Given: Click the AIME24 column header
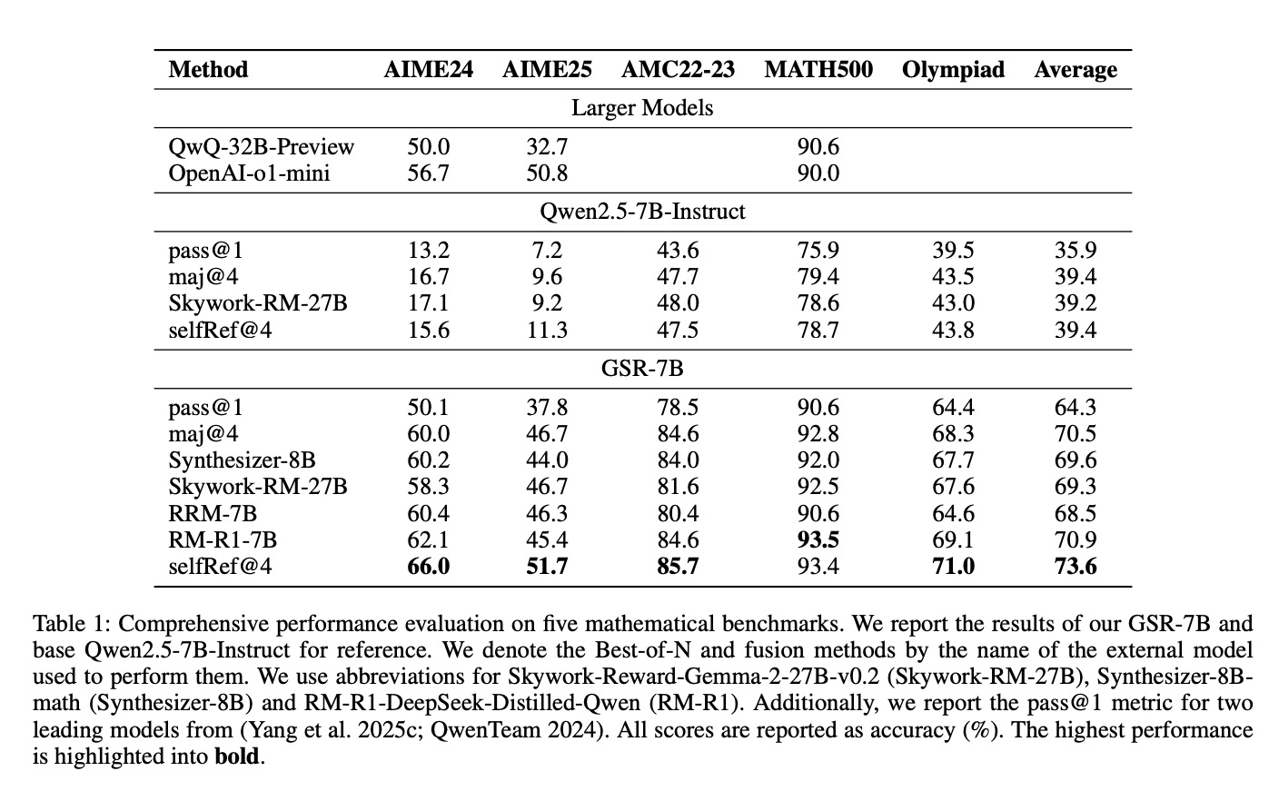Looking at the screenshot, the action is [x=428, y=70].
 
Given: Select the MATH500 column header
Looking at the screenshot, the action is [x=818, y=70].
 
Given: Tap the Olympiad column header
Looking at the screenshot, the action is [x=953, y=70].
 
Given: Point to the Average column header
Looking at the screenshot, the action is [x=1076, y=70].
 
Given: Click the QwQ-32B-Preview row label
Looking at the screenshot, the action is [x=261, y=147].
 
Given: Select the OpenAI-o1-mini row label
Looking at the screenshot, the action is [x=249, y=173].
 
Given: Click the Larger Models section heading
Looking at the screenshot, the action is [x=642, y=108].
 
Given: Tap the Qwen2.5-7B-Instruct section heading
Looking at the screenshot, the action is [x=642, y=212].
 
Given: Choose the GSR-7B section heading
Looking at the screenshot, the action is [x=642, y=369].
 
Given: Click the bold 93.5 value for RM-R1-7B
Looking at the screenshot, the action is [x=818, y=540].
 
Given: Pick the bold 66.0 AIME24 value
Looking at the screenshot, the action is [x=428, y=567].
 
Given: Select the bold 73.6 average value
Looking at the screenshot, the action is [x=1076, y=567].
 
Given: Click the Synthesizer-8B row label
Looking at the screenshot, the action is [x=243, y=460].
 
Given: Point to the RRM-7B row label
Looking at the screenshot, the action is [x=213, y=514].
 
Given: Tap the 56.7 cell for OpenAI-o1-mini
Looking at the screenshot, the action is [x=428, y=173].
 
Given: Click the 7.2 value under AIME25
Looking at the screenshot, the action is [x=547, y=251].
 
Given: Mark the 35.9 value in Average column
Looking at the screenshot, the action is [x=1076, y=251].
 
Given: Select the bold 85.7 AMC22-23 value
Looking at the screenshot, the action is [x=678, y=567].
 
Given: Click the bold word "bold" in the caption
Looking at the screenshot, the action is [x=237, y=756].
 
